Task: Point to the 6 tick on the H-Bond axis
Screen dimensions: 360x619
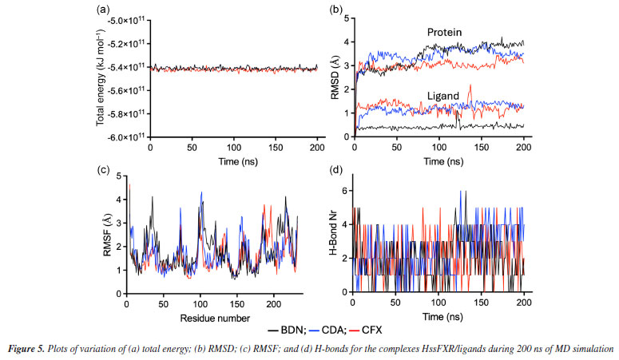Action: click(x=346, y=189)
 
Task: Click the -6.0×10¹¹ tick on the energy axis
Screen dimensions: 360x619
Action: click(x=127, y=136)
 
